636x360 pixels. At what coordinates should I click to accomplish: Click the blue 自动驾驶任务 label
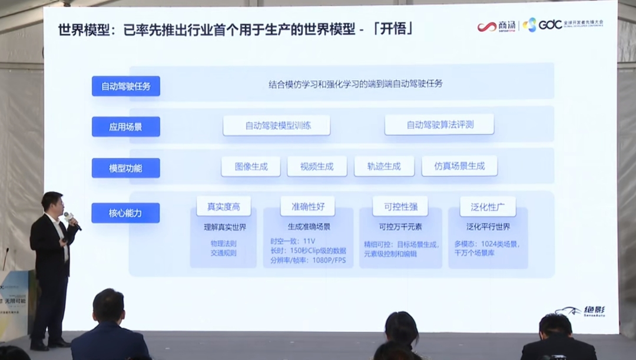pyautogui.click(x=126, y=86)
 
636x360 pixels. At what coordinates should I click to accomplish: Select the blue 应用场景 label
pyautogui.click(x=126, y=127)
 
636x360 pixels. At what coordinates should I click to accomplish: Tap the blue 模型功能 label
pyautogui.click(x=126, y=168)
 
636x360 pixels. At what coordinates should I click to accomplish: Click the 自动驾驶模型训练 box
pyautogui.click(x=276, y=125)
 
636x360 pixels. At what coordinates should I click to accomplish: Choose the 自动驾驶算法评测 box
pyautogui.click(x=439, y=125)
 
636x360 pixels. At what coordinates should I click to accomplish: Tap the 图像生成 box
pyautogui.click(x=251, y=167)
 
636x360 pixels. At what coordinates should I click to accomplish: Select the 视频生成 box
pyautogui.click(x=317, y=167)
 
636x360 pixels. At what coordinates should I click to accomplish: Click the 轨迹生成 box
pyautogui.click(x=384, y=167)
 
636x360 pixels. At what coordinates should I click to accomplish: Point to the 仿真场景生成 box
pyautogui.click(x=459, y=166)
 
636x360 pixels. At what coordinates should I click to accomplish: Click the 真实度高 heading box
pyautogui.click(x=224, y=207)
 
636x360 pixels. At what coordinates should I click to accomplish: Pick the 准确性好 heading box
pyautogui.click(x=307, y=206)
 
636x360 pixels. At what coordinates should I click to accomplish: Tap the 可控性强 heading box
pyautogui.click(x=400, y=207)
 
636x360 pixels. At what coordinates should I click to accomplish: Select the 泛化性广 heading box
pyautogui.click(x=488, y=207)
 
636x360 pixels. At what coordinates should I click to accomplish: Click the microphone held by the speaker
pyautogui.click(x=71, y=219)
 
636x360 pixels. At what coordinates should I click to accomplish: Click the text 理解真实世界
pyautogui.click(x=224, y=227)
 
